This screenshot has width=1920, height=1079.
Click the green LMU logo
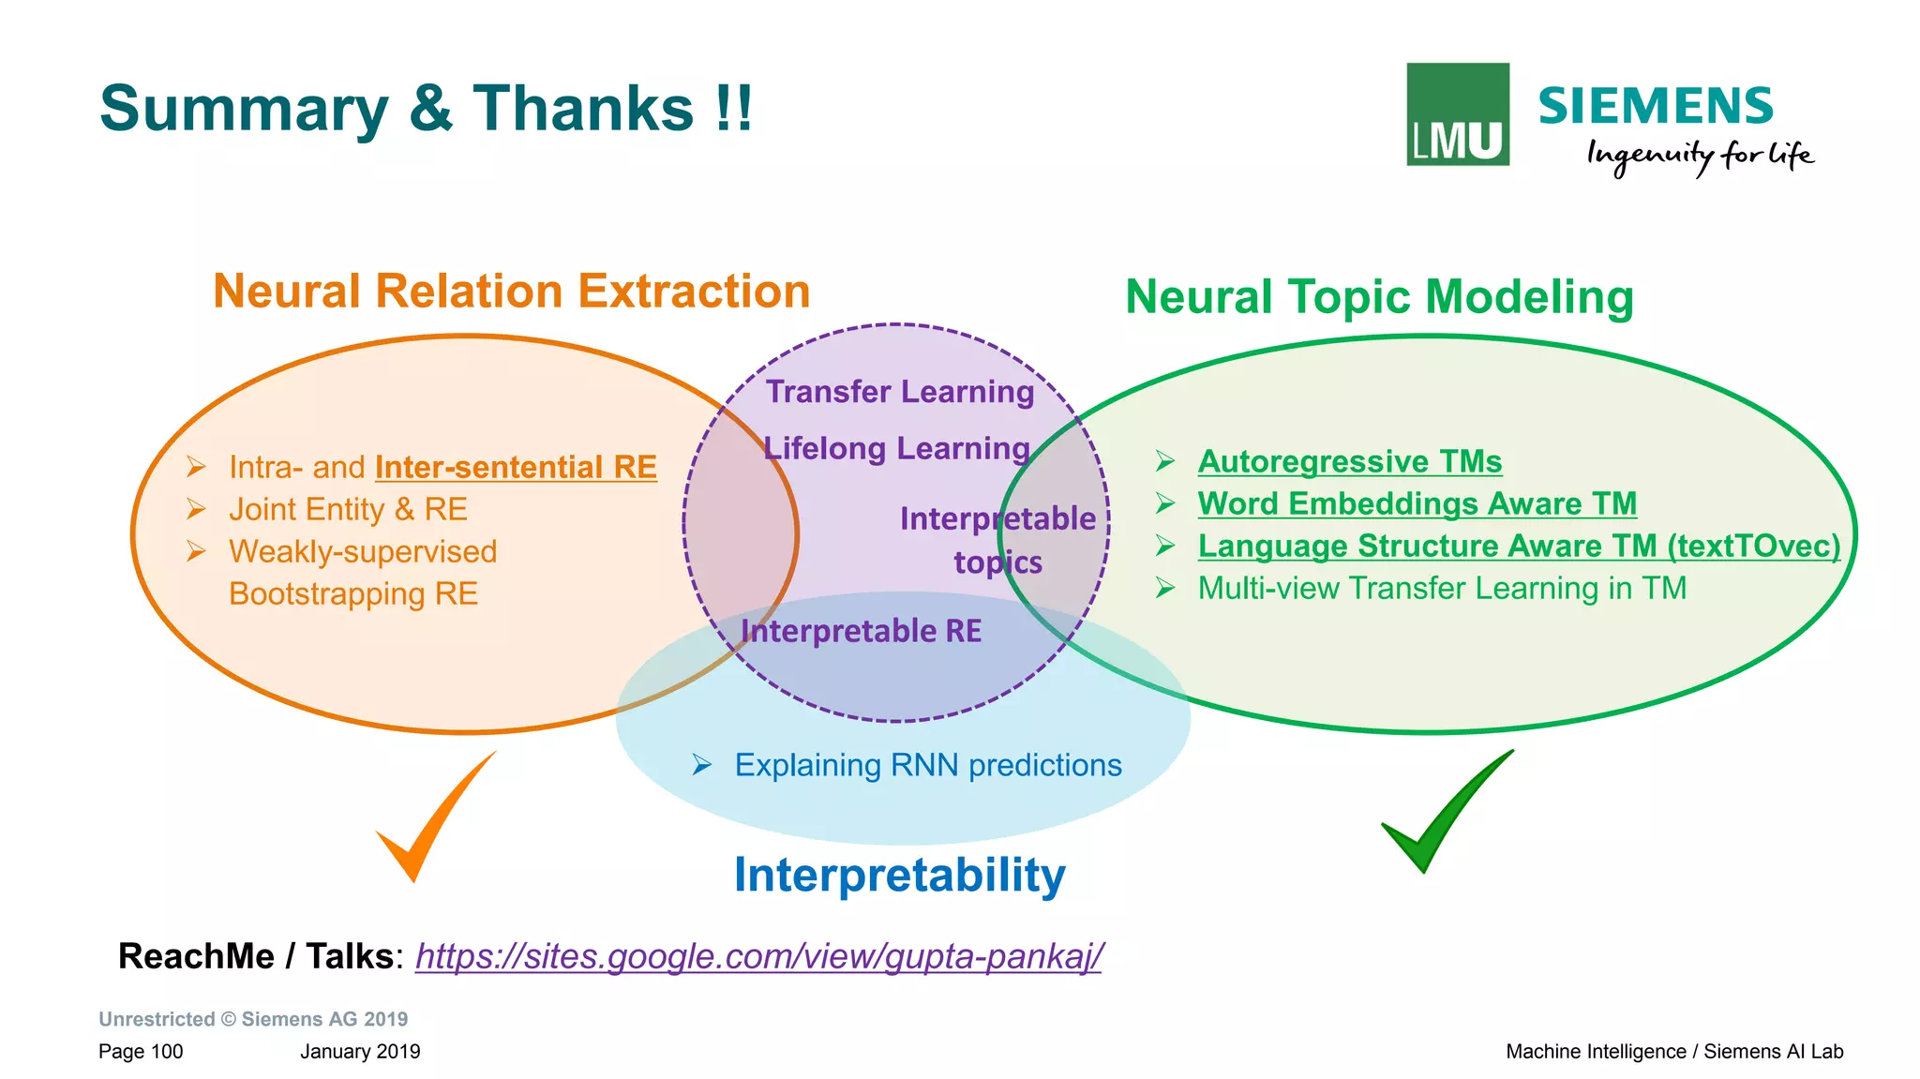coord(1457,114)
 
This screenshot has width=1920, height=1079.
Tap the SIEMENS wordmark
coord(1656,106)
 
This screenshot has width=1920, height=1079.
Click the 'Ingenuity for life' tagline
coord(1699,155)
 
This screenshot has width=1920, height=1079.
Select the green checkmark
coord(1445,812)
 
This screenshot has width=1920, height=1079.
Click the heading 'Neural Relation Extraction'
coord(511,291)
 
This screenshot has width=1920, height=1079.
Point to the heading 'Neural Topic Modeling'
coord(1379,297)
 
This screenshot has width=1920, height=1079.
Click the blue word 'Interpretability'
coord(899,875)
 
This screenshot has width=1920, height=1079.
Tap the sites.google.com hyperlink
coord(758,956)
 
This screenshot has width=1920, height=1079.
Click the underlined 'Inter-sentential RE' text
coord(516,467)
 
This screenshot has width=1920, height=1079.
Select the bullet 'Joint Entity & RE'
coord(348,509)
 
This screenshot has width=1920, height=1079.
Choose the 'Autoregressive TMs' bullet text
coord(1349,461)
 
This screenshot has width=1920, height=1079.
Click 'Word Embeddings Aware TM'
coord(1417,503)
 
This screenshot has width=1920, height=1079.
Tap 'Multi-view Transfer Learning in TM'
coord(1442,588)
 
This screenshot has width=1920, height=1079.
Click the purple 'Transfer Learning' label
coord(899,392)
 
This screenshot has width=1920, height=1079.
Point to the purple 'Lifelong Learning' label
coord(896,448)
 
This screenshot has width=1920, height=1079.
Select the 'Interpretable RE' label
coord(861,631)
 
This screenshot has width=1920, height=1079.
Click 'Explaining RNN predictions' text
coord(927,765)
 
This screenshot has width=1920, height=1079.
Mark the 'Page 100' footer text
coord(141,1052)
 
